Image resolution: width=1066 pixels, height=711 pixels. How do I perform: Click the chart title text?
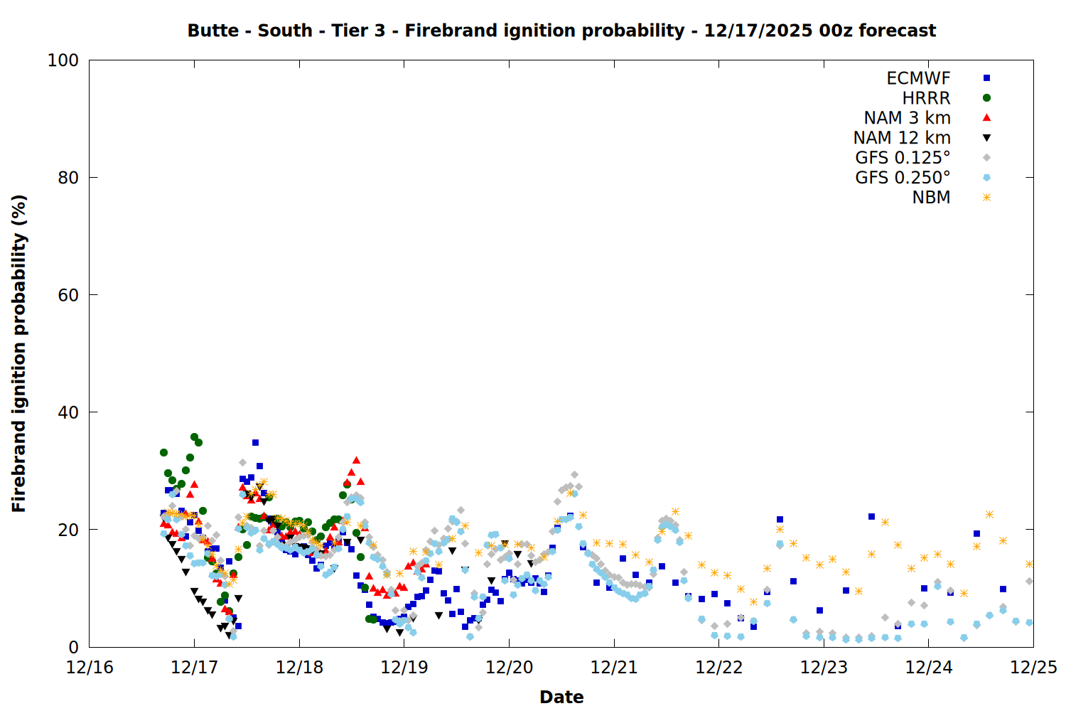(561, 31)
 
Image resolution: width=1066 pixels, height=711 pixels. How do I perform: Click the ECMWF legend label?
(918, 78)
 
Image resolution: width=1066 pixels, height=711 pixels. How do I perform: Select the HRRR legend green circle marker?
(986, 98)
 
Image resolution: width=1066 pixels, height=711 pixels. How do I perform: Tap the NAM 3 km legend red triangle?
(986, 117)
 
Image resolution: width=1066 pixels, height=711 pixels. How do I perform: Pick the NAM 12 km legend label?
(902, 138)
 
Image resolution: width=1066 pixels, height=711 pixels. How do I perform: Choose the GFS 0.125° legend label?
(903, 158)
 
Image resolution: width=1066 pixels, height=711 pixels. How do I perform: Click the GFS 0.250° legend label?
(903, 178)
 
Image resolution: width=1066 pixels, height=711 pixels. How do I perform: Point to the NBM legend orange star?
(986, 198)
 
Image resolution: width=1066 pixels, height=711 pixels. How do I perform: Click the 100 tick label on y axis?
(63, 60)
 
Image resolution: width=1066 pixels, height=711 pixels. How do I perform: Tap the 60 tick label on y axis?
(68, 295)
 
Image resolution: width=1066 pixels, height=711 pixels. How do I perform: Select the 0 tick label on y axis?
(73, 647)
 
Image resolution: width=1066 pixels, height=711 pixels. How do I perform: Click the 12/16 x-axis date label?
(90, 668)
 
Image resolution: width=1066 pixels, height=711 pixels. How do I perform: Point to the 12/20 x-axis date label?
(509, 668)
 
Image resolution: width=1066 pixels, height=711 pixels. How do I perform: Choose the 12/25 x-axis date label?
(1033, 668)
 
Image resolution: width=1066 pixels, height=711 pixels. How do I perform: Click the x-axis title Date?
(561, 697)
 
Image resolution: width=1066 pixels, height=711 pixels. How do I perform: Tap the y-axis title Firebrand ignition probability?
(19, 353)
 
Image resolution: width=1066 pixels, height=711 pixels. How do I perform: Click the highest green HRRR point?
(194, 437)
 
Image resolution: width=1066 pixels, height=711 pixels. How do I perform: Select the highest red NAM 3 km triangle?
(356, 460)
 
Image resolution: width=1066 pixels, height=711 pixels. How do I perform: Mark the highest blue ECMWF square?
(255, 442)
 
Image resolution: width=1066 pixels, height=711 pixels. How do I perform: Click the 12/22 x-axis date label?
(718, 668)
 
